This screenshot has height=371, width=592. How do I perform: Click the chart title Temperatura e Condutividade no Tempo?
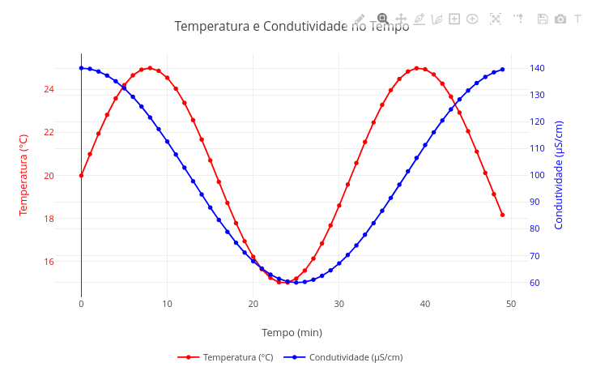pos(292,27)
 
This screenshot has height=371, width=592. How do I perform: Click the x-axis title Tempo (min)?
pos(292,332)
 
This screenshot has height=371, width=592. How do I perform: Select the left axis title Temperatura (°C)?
pos(23,175)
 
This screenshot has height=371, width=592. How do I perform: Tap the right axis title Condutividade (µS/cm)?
pos(559,175)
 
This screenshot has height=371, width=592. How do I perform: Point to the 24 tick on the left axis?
pos(49,89)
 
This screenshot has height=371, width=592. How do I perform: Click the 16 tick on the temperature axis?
pos(49,262)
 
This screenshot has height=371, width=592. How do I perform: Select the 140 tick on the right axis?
pos(537,68)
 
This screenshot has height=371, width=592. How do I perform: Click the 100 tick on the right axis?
pos(537,175)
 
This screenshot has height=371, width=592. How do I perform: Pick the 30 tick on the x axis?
pos(339,304)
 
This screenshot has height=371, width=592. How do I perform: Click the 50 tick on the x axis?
pos(511,304)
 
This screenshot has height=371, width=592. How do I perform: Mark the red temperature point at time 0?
pos(81,175)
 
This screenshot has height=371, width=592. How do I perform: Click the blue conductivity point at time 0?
pos(81,68)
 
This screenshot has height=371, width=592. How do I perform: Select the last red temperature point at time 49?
pos(502,215)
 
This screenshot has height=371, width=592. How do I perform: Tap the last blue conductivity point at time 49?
pos(502,69)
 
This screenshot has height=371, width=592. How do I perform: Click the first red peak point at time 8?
pos(150,68)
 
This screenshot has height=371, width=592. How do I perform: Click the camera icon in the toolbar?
pos(560,19)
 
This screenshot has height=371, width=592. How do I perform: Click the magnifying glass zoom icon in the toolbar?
pos(382,19)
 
